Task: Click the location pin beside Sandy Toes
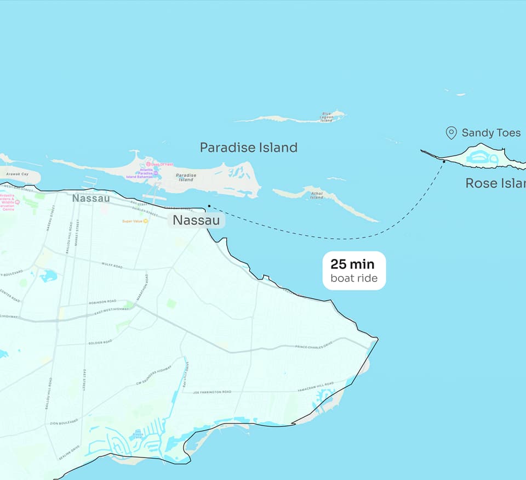coord(451,133)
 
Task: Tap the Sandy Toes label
coord(491,133)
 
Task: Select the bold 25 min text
coord(352,264)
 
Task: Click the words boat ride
coord(353,279)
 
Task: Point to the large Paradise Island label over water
coord(248,148)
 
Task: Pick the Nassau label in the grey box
coord(197,221)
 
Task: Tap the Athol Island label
coord(317,195)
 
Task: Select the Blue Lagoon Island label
coord(327,116)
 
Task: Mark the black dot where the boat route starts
coord(209,206)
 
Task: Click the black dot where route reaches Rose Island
coord(443,161)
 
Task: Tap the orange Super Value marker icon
coord(145,221)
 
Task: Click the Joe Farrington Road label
coord(212,392)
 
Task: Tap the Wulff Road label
coord(112,265)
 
